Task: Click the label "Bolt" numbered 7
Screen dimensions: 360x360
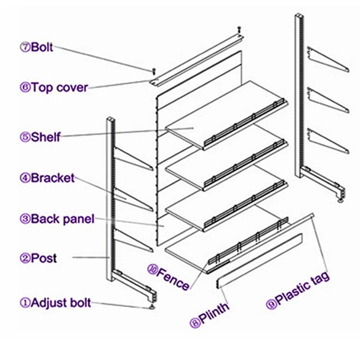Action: (41, 48)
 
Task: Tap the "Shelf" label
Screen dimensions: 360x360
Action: (46, 137)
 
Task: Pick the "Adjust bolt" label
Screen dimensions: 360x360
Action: (60, 302)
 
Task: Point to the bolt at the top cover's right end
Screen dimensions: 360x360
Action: (239, 30)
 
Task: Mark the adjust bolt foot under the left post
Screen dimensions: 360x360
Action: (153, 306)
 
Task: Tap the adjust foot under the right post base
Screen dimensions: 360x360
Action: (342, 200)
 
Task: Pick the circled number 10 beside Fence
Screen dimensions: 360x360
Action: (152, 271)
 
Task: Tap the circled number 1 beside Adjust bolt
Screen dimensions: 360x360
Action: (24, 302)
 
